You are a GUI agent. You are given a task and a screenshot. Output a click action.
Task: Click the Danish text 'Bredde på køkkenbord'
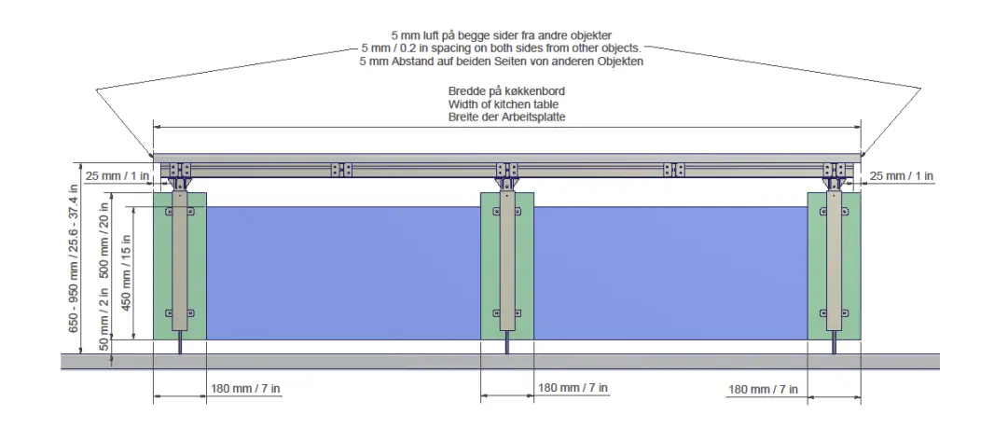coord(507,91)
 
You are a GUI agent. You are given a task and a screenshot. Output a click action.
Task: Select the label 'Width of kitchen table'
coord(507,104)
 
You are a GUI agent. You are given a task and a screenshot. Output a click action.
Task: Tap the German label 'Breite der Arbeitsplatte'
coord(507,118)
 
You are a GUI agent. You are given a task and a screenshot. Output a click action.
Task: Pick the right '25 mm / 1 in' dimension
coord(902,176)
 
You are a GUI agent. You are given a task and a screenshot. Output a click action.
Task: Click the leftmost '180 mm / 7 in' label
coord(245,389)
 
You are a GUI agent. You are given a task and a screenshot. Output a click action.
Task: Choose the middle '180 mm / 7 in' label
coord(573,388)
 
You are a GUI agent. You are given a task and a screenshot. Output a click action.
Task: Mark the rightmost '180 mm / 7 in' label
coord(763,389)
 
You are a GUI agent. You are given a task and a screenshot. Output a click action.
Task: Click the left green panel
coord(160,270)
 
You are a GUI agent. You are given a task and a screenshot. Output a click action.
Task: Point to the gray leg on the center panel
coord(506,261)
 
